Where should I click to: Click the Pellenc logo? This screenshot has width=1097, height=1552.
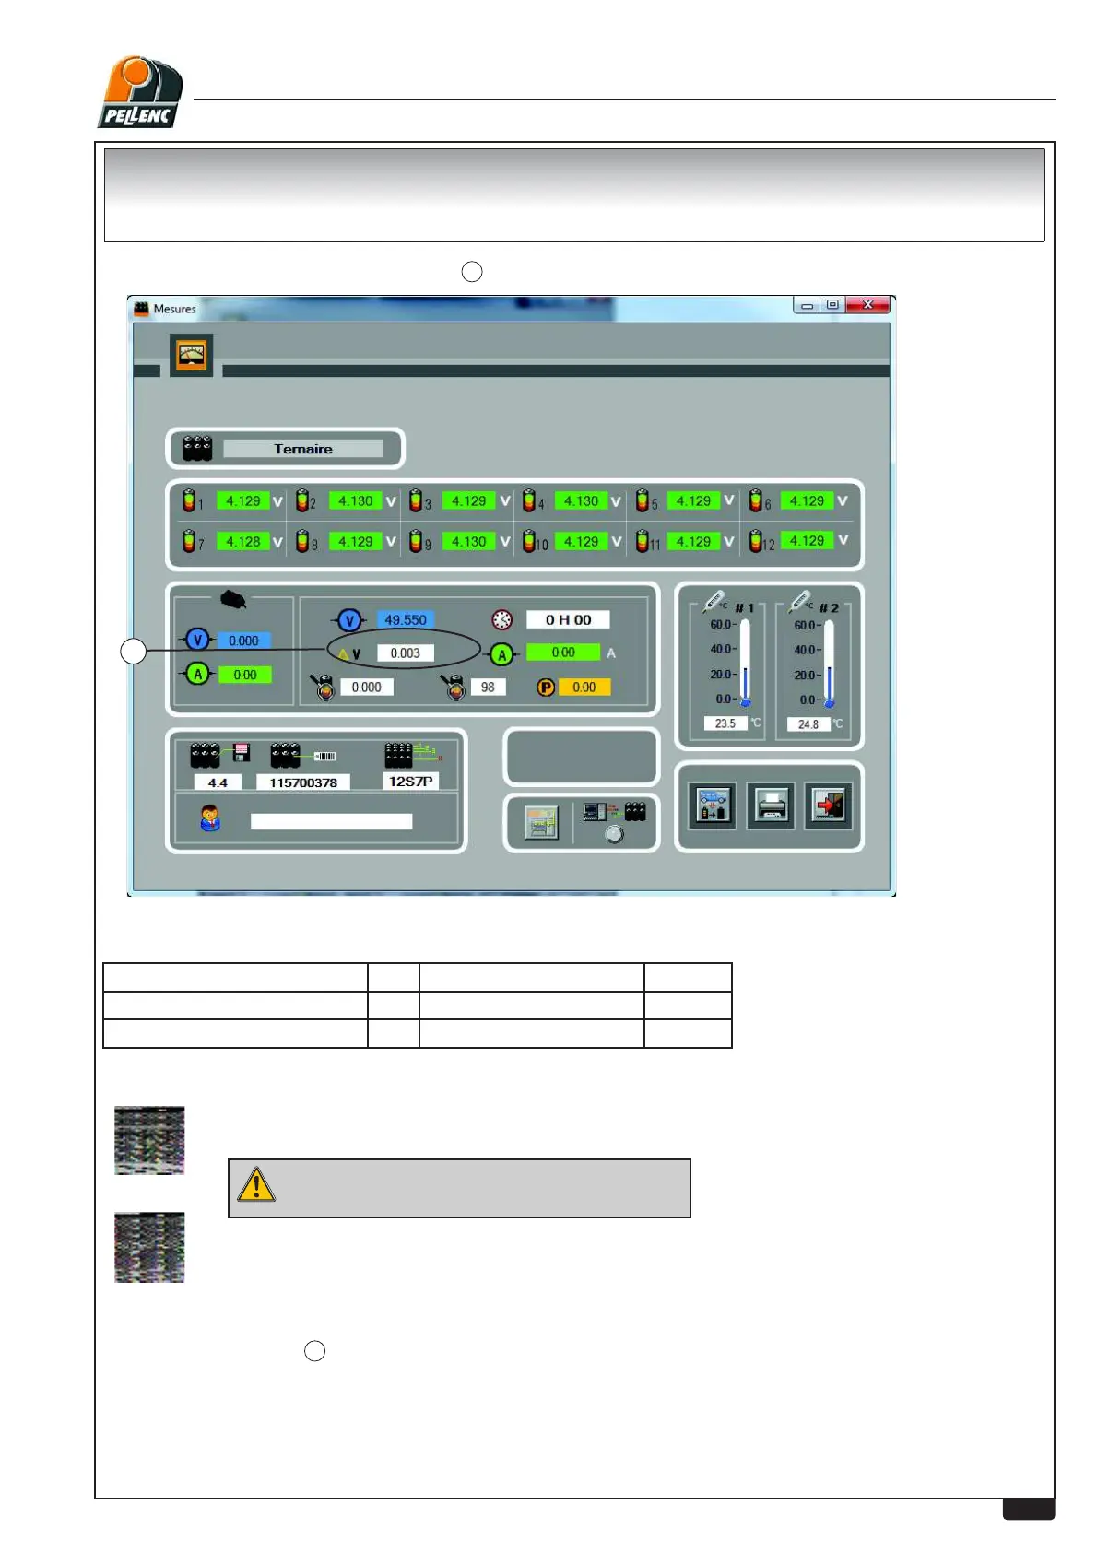[x=140, y=92]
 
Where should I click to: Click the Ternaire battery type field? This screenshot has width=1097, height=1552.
[x=302, y=449]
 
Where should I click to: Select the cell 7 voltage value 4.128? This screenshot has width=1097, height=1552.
[x=243, y=542]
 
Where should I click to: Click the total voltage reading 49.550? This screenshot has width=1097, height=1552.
[x=406, y=620]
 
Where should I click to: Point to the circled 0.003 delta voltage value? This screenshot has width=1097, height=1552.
[x=405, y=653]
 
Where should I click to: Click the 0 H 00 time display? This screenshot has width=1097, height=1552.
[x=568, y=620]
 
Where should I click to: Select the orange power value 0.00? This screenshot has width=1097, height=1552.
[x=584, y=688]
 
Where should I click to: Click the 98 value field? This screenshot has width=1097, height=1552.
[x=488, y=688]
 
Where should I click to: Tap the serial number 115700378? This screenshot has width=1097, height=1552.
[x=303, y=782]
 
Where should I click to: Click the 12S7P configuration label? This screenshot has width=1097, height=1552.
[x=410, y=782]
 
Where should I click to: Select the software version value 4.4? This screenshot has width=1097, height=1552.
[x=218, y=782]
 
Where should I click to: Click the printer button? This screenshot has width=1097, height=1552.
[x=771, y=806]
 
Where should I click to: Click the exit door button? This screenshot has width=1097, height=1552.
[x=828, y=806]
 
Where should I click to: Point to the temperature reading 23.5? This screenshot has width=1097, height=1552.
[x=725, y=723]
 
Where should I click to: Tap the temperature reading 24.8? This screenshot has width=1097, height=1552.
[x=808, y=724]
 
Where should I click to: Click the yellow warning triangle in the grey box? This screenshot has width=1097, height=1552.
[x=256, y=1185]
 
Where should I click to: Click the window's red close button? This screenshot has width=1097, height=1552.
[x=867, y=305]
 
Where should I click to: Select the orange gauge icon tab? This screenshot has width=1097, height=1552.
[x=192, y=355]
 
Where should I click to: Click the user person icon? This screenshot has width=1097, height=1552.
[x=210, y=817]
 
